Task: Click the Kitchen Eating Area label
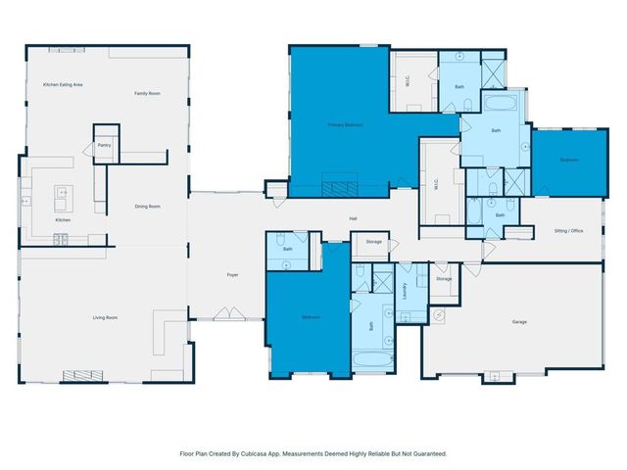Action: pos(62,85)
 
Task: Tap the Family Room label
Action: pos(147,93)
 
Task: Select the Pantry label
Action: pos(104,145)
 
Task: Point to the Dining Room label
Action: pos(147,207)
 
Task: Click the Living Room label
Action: pos(105,317)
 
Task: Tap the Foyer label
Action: pos(232,275)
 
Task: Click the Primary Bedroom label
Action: pos(345,125)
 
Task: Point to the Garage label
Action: pos(519,321)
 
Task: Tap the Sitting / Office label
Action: pos(568,231)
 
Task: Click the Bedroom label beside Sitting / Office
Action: pos(569,160)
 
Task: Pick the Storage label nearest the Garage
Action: pos(444,279)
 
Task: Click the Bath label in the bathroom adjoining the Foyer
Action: pos(288,249)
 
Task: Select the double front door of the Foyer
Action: pos(224,313)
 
